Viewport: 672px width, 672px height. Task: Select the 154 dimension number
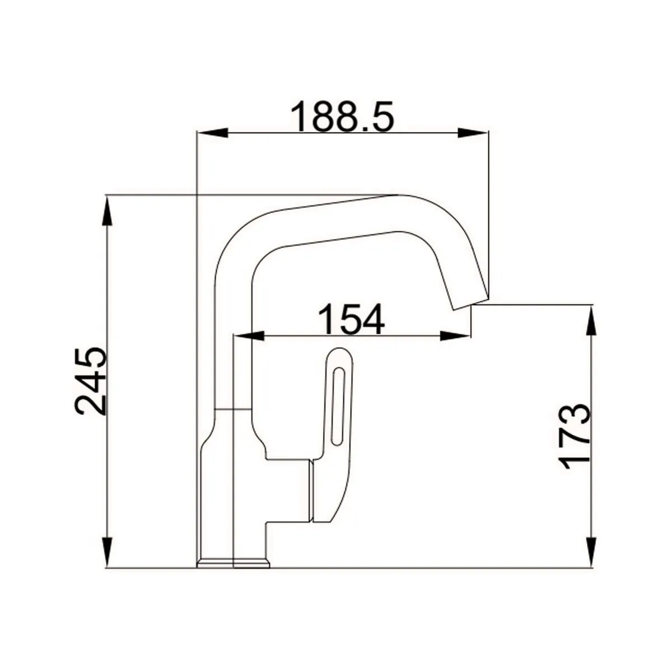pos(352,319)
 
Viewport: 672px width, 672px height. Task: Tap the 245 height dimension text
pos(90,381)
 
